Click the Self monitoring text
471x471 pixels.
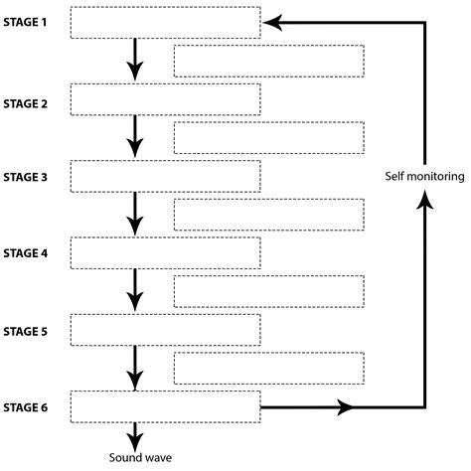[424, 177]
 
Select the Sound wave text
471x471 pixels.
[136, 457]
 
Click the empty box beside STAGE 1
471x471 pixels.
[167, 22]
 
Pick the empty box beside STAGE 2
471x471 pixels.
[167, 99]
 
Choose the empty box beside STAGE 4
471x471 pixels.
[167, 252]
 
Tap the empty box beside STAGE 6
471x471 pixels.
[167, 406]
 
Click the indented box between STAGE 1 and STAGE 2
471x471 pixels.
[268, 62]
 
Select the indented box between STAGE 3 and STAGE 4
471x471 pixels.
[268, 215]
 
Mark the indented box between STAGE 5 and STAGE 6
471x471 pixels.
[268, 368]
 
